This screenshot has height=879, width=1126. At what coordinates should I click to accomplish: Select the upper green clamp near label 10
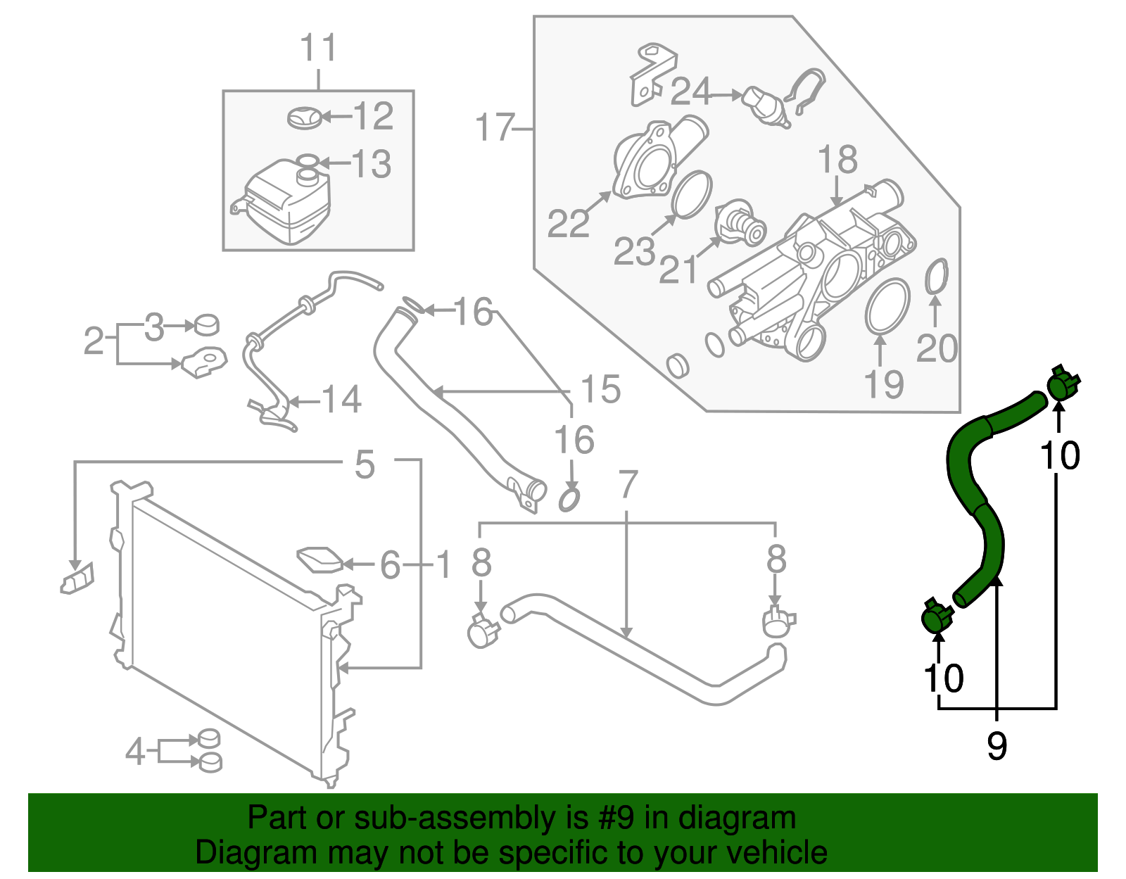pyautogui.click(x=1062, y=384)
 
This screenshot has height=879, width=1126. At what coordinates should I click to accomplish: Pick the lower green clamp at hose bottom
pyautogui.click(x=936, y=616)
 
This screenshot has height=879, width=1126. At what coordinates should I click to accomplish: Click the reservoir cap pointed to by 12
pyautogui.click(x=305, y=118)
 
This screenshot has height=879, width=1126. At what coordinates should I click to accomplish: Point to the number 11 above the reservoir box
pyautogui.click(x=319, y=49)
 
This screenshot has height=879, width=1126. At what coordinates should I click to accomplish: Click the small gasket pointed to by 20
pyautogui.click(x=936, y=277)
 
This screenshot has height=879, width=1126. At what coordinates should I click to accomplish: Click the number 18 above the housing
pyautogui.click(x=837, y=160)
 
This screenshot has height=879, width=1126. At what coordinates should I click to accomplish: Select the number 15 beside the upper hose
pyautogui.click(x=600, y=389)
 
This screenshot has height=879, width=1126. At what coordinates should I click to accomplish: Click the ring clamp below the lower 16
pyautogui.click(x=569, y=500)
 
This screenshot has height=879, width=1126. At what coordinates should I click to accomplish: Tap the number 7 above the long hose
pyautogui.click(x=627, y=485)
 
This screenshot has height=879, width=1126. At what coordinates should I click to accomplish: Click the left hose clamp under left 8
pyautogui.click(x=483, y=630)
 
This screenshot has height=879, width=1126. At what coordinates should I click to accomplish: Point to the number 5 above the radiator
pyautogui.click(x=365, y=464)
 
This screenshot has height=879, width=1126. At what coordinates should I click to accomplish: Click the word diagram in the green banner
pyautogui.click(x=737, y=818)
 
